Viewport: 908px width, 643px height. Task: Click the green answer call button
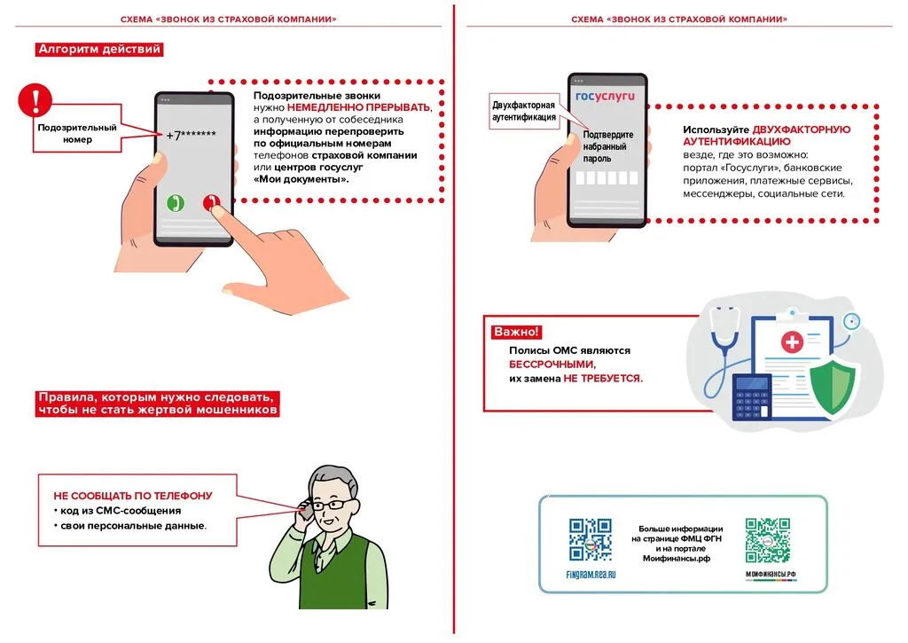[176, 203]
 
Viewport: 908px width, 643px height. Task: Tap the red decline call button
[210, 203]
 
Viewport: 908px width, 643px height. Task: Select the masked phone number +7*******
[192, 136]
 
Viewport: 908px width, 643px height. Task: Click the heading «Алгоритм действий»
[99, 50]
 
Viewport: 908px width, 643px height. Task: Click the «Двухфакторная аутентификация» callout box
[524, 111]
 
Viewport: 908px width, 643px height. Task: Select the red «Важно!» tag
[515, 332]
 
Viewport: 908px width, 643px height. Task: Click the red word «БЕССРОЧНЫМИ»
[552, 365]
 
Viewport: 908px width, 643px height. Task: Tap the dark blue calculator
[751, 396]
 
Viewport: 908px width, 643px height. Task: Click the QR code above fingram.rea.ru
[590, 540]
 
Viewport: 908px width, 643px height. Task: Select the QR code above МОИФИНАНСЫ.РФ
[768, 539]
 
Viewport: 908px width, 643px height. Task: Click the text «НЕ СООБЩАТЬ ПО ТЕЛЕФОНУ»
[133, 496]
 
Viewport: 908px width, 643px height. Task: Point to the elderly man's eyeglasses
[333, 505]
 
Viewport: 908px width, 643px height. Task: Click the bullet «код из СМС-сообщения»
[121, 511]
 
